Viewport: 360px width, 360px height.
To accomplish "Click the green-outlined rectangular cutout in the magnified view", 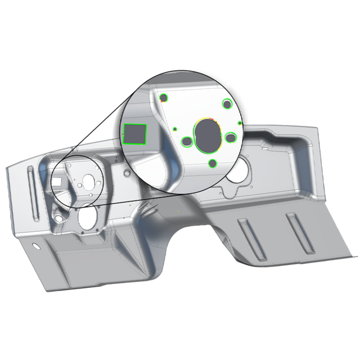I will click(x=134, y=134).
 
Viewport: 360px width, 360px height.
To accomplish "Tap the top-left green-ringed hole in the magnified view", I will click(x=164, y=98).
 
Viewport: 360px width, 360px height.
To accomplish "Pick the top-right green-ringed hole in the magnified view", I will click(x=227, y=103).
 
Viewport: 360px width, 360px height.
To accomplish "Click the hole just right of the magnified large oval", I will click(x=231, y=137).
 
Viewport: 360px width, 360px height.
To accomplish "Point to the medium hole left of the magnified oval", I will click(x=186, y=141).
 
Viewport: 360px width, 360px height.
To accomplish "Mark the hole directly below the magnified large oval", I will click(x=213, y=164).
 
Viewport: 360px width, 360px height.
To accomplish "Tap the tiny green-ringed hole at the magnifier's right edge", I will click(x=240, y=123).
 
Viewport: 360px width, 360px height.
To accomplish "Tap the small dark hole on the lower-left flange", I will click(x=37, y=246).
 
